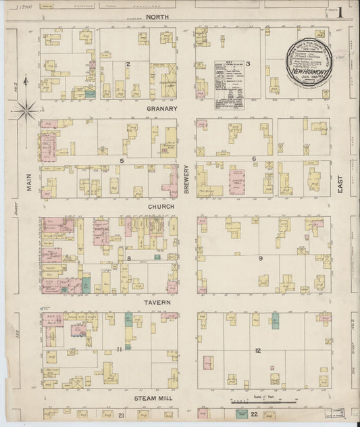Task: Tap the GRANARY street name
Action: [x=161, y=108]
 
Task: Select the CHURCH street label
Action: [x=161, y=206]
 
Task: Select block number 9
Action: [x=260, y=258]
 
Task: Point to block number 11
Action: [x=118, y=349]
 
